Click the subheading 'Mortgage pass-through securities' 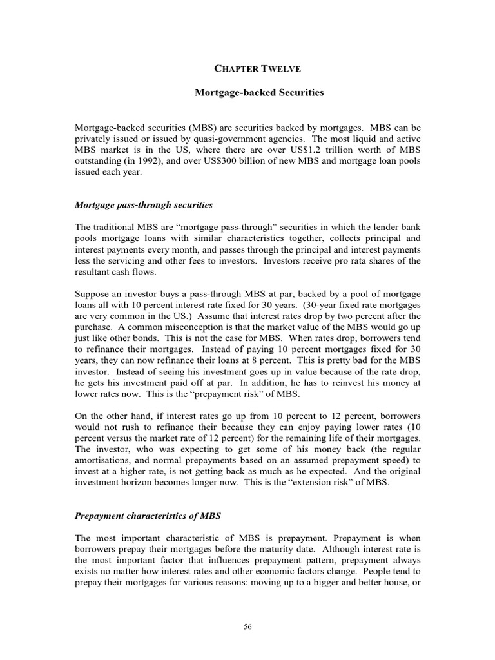144,205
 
